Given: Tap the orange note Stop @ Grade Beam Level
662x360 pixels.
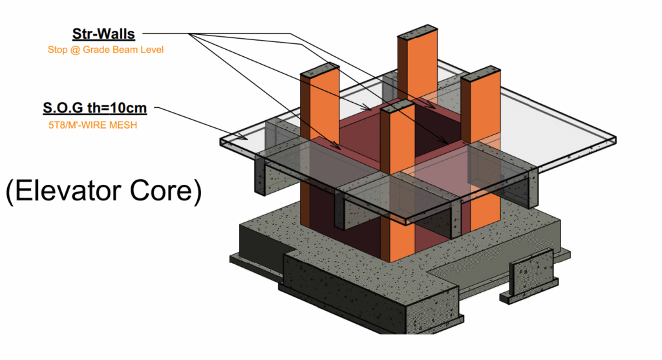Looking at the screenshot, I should (x=105, y=50).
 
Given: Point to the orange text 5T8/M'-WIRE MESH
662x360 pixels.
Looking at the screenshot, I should (x=92, y=125).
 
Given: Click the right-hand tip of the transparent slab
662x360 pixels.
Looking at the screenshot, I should (x=614, y=140).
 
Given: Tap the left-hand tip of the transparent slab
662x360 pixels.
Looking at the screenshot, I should (x=221, y=141).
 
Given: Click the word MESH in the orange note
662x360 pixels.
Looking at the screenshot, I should (x=123, y=125).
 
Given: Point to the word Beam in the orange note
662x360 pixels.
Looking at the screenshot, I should (x=125, y=50).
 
